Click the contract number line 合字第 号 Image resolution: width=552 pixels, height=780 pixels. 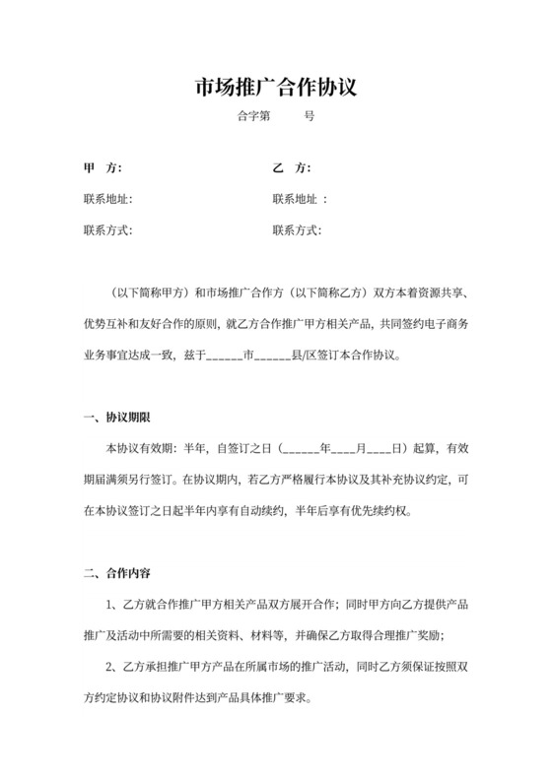pyautogui.click(x=276, y=115)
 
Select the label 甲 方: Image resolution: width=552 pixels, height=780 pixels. pyautogui.click(x=103, y=166)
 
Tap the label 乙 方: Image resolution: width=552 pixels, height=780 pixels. pyautogui.click(x=291, y=166)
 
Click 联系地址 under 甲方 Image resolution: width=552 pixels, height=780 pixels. pyautogui.click(x=107, y=199)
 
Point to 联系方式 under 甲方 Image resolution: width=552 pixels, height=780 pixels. pyautogui.click(x=107, y=231)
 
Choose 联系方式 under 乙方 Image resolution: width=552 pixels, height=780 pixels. pyautogui.click(x=297, y=231)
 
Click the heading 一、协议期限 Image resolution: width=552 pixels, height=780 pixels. pyautogui.click(x=117, y=417)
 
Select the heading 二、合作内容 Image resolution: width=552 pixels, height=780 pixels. pyautogui.click(x=117, y=572)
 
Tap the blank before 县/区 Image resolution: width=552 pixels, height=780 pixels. pyautogui.click(x=273, y=357)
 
